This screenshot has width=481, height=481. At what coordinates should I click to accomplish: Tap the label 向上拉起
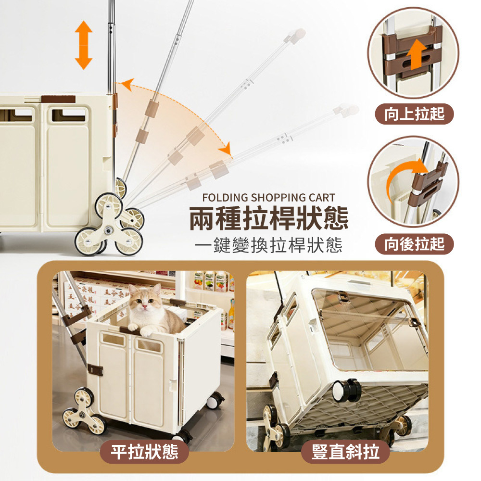pos(415,114)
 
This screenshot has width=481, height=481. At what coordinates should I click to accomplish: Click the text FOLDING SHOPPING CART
pos(268,198)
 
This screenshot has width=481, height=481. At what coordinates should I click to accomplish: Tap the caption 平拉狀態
pos(144,452)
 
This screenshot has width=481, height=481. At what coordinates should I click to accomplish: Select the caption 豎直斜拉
pos(345,452)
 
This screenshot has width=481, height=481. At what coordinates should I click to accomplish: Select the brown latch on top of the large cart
pos(58,99)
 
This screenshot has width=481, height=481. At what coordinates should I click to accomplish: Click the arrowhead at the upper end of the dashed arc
pos(126,85)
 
